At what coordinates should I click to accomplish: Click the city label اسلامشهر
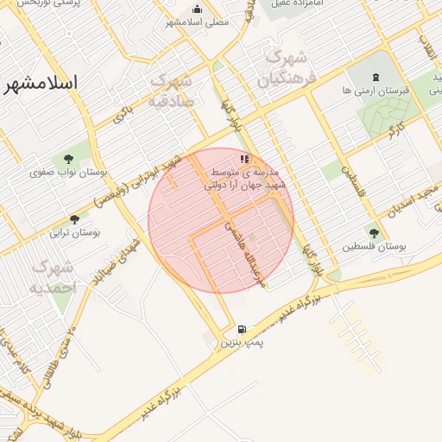(x=41, y=83)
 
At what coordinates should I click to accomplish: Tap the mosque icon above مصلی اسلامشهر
(x=198, y=9)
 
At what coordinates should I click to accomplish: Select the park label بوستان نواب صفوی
(x=68, y=172)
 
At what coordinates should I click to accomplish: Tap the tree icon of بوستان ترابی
(x=74, y=219)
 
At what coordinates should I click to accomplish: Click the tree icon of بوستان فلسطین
(x=373, y=232)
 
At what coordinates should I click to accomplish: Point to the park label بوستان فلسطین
(x=374, y=246)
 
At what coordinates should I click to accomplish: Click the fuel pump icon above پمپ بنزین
(x=241, y=329)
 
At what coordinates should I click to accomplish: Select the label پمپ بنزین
(x=241, y=343)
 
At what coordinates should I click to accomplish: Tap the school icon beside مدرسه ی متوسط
(x=245, y=159)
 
